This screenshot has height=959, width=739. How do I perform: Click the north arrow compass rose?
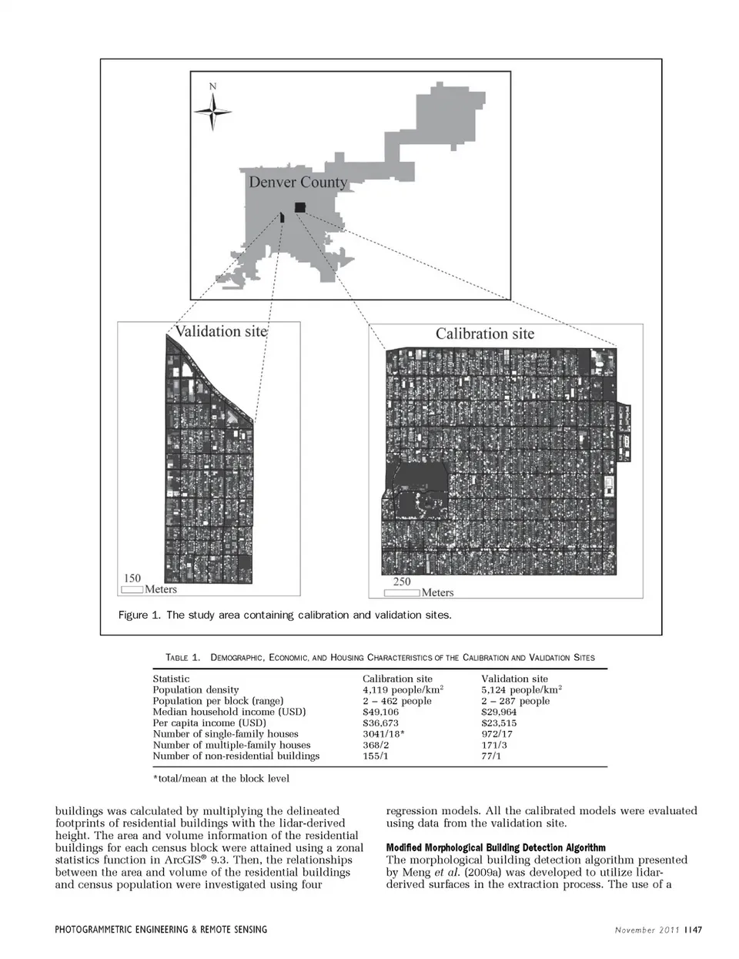tap(212, 110)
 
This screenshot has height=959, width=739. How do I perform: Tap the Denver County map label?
tap(298, 183)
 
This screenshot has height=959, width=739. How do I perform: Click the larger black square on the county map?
tap(299, 206)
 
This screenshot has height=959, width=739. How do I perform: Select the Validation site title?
tap(220, 331)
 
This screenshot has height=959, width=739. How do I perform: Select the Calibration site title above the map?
tap(484, 334)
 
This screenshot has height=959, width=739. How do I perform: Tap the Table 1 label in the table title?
tap(182, 658)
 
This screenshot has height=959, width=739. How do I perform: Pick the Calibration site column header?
tap(397, 679)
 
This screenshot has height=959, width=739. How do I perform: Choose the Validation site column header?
tap(514, 679)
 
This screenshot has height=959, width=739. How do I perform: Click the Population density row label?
tap(196, 690)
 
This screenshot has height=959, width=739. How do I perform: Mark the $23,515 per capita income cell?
tap(499, 723)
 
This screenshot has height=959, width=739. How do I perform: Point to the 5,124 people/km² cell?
tap(521, 690)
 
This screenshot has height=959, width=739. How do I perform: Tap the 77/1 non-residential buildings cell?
tap(491, 756)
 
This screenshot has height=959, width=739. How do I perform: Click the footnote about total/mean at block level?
tap(221, 779)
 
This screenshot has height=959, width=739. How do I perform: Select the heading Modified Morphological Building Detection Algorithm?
tap(496, 848)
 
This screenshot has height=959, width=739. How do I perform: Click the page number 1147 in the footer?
tap(693, 930)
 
